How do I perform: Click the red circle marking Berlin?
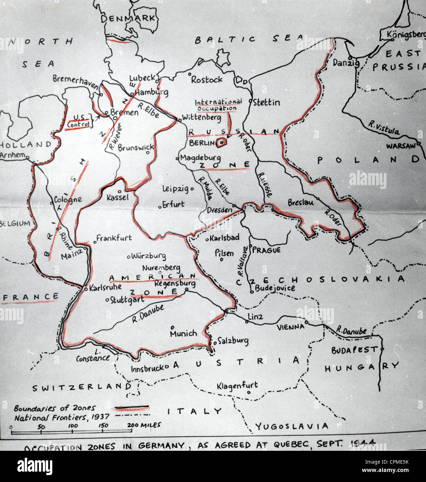point(221,142)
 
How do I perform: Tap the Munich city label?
point(183,334)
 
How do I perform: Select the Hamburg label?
point(151,93)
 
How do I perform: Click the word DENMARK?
point(128,18)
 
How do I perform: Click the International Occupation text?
point(218,105)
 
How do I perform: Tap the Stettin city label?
point(266,102)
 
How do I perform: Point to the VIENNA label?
point(290,327)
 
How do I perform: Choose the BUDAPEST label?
point(354,350)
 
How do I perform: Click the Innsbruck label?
point(147,368)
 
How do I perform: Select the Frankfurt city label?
point(114,238)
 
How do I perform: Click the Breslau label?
point(301,202)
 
